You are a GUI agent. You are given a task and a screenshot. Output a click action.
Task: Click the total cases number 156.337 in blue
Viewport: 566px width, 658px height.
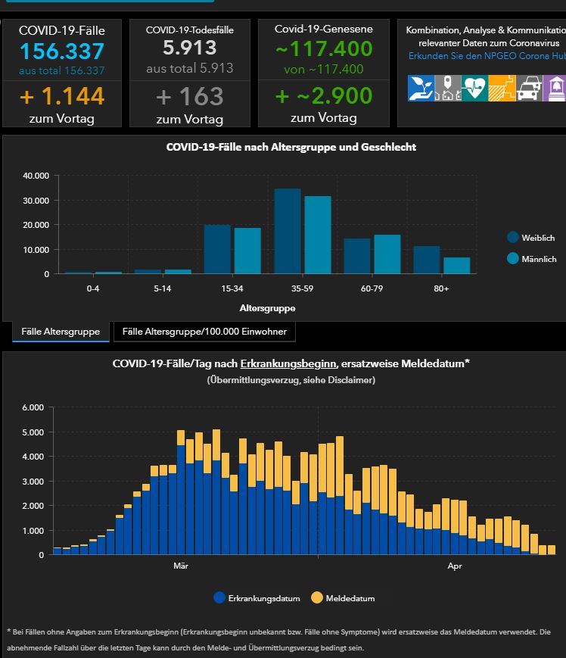[62, 51]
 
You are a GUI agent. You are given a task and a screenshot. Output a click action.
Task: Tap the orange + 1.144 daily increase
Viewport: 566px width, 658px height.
[62, 96]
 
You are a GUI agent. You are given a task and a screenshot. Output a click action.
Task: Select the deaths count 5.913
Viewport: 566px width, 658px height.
[189, 48]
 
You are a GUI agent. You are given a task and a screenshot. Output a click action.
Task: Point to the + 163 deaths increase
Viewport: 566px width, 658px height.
[189, 96]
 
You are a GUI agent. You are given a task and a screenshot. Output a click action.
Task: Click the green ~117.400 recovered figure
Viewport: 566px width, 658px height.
[324, 48]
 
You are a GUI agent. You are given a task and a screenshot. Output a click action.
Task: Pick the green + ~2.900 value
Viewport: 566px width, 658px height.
[324, 95]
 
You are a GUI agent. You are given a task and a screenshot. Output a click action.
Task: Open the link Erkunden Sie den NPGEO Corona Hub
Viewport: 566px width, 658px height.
[487, 56]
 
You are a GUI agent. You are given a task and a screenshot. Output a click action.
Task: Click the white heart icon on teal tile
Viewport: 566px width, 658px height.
[474, 88]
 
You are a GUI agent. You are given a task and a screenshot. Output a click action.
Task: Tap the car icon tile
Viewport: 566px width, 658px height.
[529, 88]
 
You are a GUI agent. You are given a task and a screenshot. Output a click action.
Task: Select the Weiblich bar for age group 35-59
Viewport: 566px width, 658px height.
[288, 231]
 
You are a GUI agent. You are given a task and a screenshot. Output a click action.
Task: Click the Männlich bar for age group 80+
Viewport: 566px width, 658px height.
[457, 266]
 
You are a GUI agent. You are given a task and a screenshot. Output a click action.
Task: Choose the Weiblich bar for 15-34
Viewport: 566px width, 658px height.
[218, 249]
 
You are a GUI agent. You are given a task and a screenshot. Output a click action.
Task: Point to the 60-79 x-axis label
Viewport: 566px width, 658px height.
[372, 288]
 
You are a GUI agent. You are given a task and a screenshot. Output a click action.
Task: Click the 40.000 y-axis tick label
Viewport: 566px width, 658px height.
[36, 176]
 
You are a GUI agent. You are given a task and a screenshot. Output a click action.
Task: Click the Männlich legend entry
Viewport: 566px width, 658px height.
[532, 259]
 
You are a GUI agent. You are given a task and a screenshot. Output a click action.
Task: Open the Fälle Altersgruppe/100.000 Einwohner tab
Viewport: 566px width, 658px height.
[204, 332]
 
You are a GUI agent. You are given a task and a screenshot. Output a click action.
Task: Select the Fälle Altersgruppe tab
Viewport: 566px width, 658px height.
[61, 332]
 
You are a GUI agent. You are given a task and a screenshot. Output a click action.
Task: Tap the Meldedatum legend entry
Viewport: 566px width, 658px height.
[343, 598]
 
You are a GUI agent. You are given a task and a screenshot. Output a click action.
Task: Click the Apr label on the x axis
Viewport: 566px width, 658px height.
[455, 566]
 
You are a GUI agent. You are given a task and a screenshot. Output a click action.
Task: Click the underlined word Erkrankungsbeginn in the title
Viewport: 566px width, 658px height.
[288, 363]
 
